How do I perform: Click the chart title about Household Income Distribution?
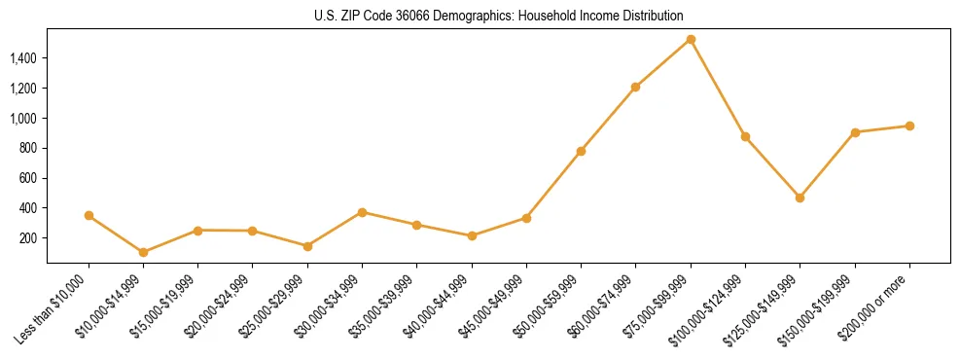pos(498,16)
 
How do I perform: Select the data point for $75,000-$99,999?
pos(691,39)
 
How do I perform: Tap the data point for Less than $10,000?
pos(89,215)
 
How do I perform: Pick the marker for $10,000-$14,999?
pos(143,252)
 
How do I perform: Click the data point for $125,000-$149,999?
pos(800,198)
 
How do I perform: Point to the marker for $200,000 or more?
pos(909,126)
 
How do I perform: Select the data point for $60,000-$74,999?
pos(635,87)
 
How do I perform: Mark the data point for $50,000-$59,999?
pos(581,151)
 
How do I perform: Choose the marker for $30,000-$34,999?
pos(362,212)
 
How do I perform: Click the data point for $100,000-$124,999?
pos(745,136)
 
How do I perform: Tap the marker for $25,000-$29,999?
pos(307,246)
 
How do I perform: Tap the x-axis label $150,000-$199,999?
pos(820,307)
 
